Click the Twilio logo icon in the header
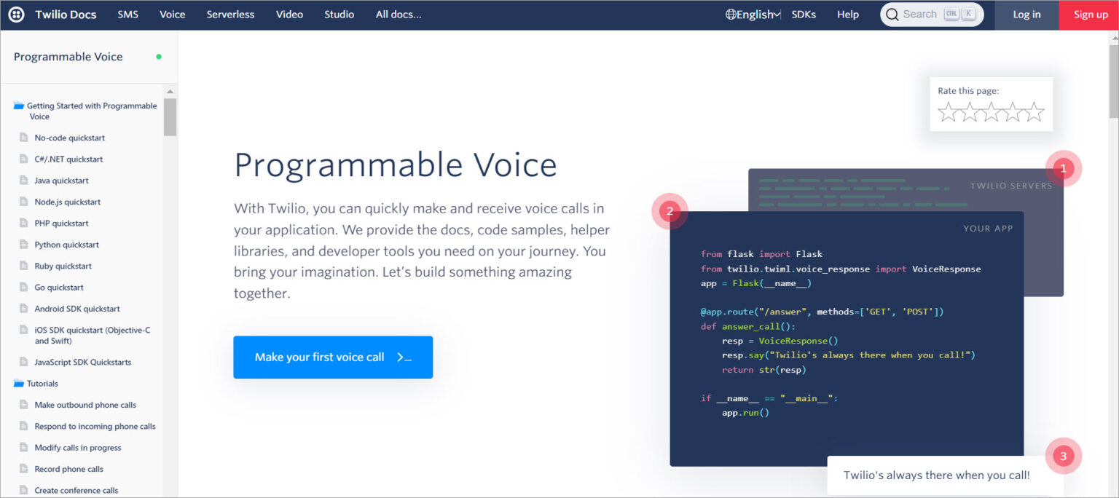(x=17, y=15)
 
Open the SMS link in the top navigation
(x=128, y=15)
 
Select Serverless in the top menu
(x=230, y=15)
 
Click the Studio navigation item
(x=339, y=15)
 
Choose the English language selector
(x=753, y=15)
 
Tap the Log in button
(x=1026, y=15)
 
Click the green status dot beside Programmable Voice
(x=159, y=57)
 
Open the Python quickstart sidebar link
(x=66, y=245)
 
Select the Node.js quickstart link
(x=68, y=202)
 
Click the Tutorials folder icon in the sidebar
(x=19, y=383)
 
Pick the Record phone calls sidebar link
(x=69, y=469)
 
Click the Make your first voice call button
(x=333, y=357)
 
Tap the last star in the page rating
(x=1034, y=112)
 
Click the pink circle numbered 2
(x=670, y=211)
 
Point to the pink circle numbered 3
(x=1064, y=456)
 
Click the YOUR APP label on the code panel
(x=988, y=229)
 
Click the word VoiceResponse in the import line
(x=946, y=269)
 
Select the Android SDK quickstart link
(x=77, y=309)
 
